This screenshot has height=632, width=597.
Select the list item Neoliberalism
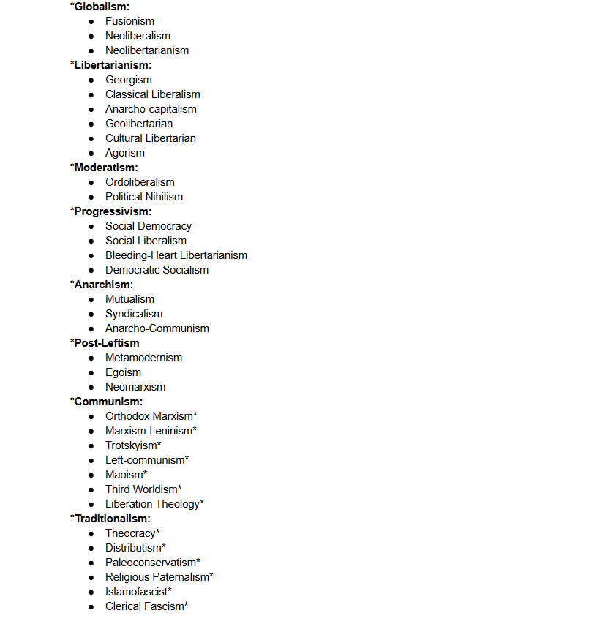click(x=138, y=36)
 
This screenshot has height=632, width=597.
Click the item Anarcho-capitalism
click(x=151, y=109)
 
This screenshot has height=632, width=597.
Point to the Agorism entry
click(x=125, y=153)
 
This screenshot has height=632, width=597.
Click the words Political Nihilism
click(x=144, y=197)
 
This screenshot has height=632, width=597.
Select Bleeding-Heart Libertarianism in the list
click(x=176, y=255)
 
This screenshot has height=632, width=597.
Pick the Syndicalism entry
click(x=134, y=314)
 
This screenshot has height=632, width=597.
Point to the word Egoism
click(x=123, y=372)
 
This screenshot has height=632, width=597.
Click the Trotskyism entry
click(x=131, y=445)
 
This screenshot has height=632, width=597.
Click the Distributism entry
click(x=133, y=548)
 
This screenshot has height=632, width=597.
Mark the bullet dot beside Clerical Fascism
click(x=91, y=606)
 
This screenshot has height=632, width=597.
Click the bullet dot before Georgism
click(x=91, y=80)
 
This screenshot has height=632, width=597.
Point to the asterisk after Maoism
click(x=145, y=473)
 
